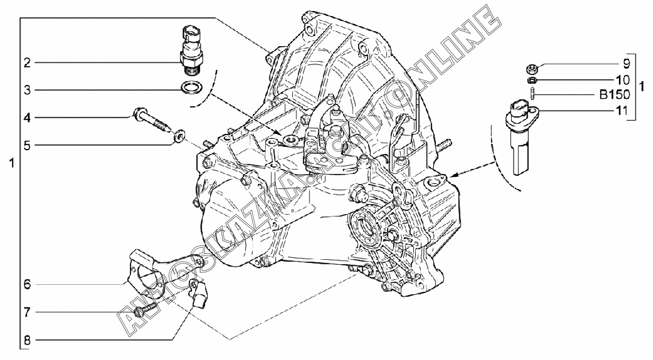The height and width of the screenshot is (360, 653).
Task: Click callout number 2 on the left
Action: pos(27,63)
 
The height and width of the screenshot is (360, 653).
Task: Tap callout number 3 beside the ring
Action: pos(27,90)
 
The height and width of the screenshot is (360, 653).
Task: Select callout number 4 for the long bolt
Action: pos(27,118)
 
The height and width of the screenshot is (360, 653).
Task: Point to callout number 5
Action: pos(27,145)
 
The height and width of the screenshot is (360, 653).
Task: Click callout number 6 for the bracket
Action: pos(27,284)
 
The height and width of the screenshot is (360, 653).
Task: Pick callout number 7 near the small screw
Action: pos(27,312)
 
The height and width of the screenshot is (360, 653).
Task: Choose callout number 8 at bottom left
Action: pos(27,340)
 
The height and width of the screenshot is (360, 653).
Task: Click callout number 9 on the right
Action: pos(626,64)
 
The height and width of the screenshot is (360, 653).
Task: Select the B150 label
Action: pos(614,95)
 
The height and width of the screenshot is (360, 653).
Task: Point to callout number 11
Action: pos(621,111)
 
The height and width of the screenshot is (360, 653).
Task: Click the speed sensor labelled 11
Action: pos(521,137)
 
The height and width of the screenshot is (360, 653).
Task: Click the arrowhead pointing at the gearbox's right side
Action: pos(453,175)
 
